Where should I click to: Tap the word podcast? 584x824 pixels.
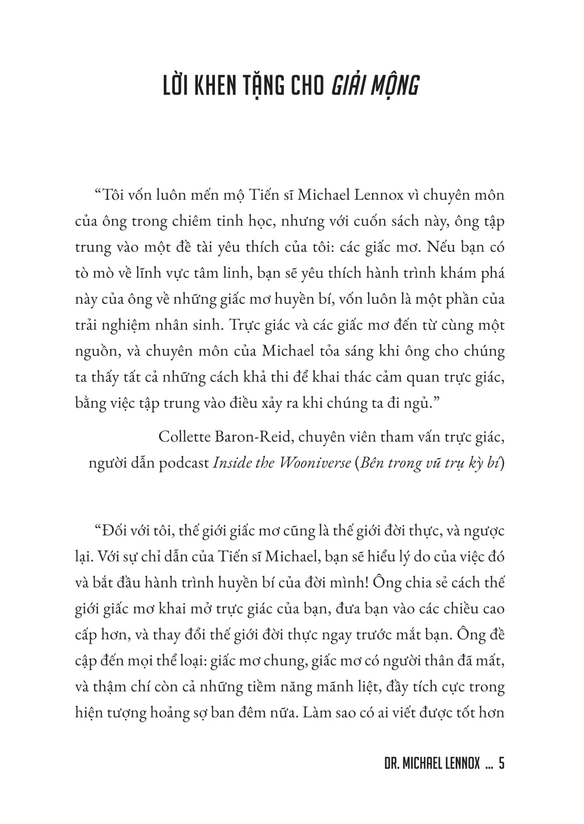(x=184, y=463)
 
